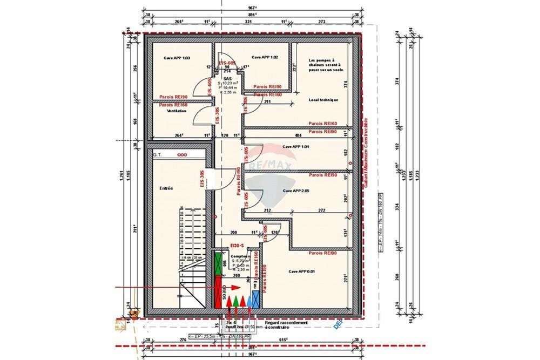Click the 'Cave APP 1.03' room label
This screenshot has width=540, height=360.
coord(177,57)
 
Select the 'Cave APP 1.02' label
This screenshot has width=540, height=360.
coord(265,57)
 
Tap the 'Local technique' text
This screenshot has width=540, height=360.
coord(323,100)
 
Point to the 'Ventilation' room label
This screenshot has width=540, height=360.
coord(177,111)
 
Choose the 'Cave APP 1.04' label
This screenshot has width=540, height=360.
coord(296,147)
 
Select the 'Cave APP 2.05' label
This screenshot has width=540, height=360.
coord(296,191)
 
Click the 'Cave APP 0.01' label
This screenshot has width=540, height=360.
coord(301,271)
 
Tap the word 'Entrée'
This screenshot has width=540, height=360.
coord(166,188)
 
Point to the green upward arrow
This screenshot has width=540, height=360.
coord(237,300)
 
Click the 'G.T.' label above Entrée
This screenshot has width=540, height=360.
coord(158,155)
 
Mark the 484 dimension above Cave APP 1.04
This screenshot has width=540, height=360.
coord(298,135)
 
